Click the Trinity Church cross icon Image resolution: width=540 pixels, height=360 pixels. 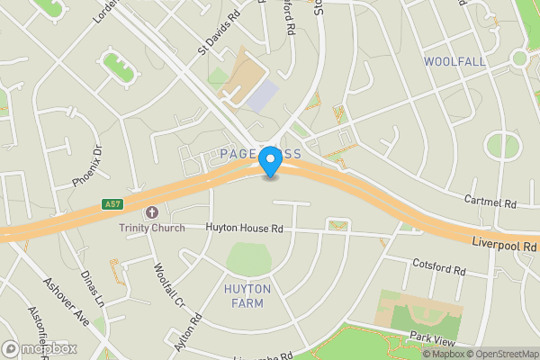coord(151,213)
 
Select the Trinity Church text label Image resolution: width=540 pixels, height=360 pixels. coord(152,228)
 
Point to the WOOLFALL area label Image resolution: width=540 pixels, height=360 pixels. coord(454,62)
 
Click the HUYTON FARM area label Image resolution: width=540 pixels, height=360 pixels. coord(244,296)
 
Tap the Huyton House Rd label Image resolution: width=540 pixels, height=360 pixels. coord(244,229)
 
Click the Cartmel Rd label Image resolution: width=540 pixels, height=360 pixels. coord(490,203)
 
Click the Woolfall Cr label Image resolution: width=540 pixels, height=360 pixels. coord(169,283)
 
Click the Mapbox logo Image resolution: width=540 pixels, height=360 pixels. coord(40,348)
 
